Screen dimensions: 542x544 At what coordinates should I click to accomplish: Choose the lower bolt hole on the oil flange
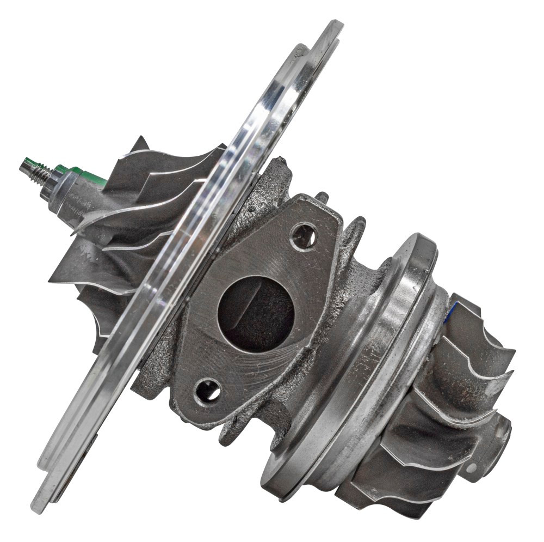click(x=208, y=391)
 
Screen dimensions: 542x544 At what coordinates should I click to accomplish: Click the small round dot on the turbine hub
click(x=471, y=467)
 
